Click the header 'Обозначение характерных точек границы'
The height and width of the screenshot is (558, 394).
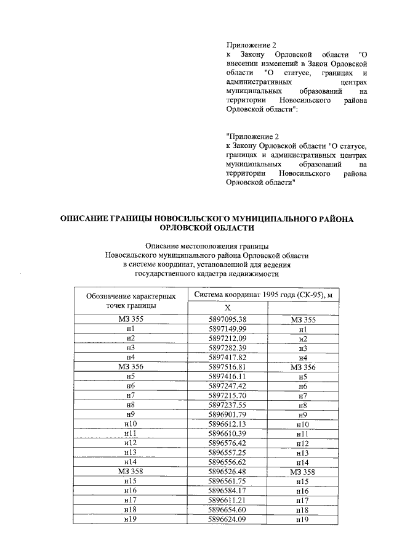[129, 301]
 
